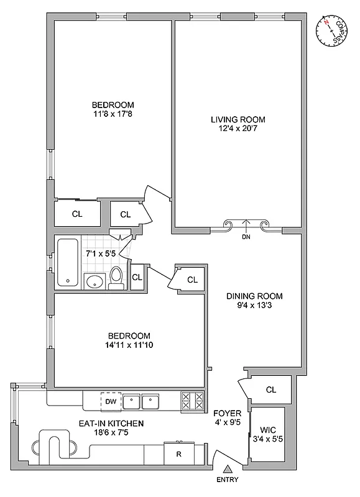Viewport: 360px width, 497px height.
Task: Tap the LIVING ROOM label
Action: [x=238, y=119]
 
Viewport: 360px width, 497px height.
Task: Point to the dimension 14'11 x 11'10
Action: [x=129, y=345]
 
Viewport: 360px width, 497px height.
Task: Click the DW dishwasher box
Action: [x=111, y=402]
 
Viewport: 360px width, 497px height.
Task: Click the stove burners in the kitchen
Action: [x=192, y=401]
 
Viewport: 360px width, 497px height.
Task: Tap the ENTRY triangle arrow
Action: [x=228, y=468]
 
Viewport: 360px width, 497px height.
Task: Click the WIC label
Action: [x=267, y=429]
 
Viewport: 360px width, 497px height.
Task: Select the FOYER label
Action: [x=223, y=413]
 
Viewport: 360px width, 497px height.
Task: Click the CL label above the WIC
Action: [x=270, y=390]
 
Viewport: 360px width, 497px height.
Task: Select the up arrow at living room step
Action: [x=247, y=224]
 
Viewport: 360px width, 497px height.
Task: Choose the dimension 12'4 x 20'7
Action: [x=238, y=129]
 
